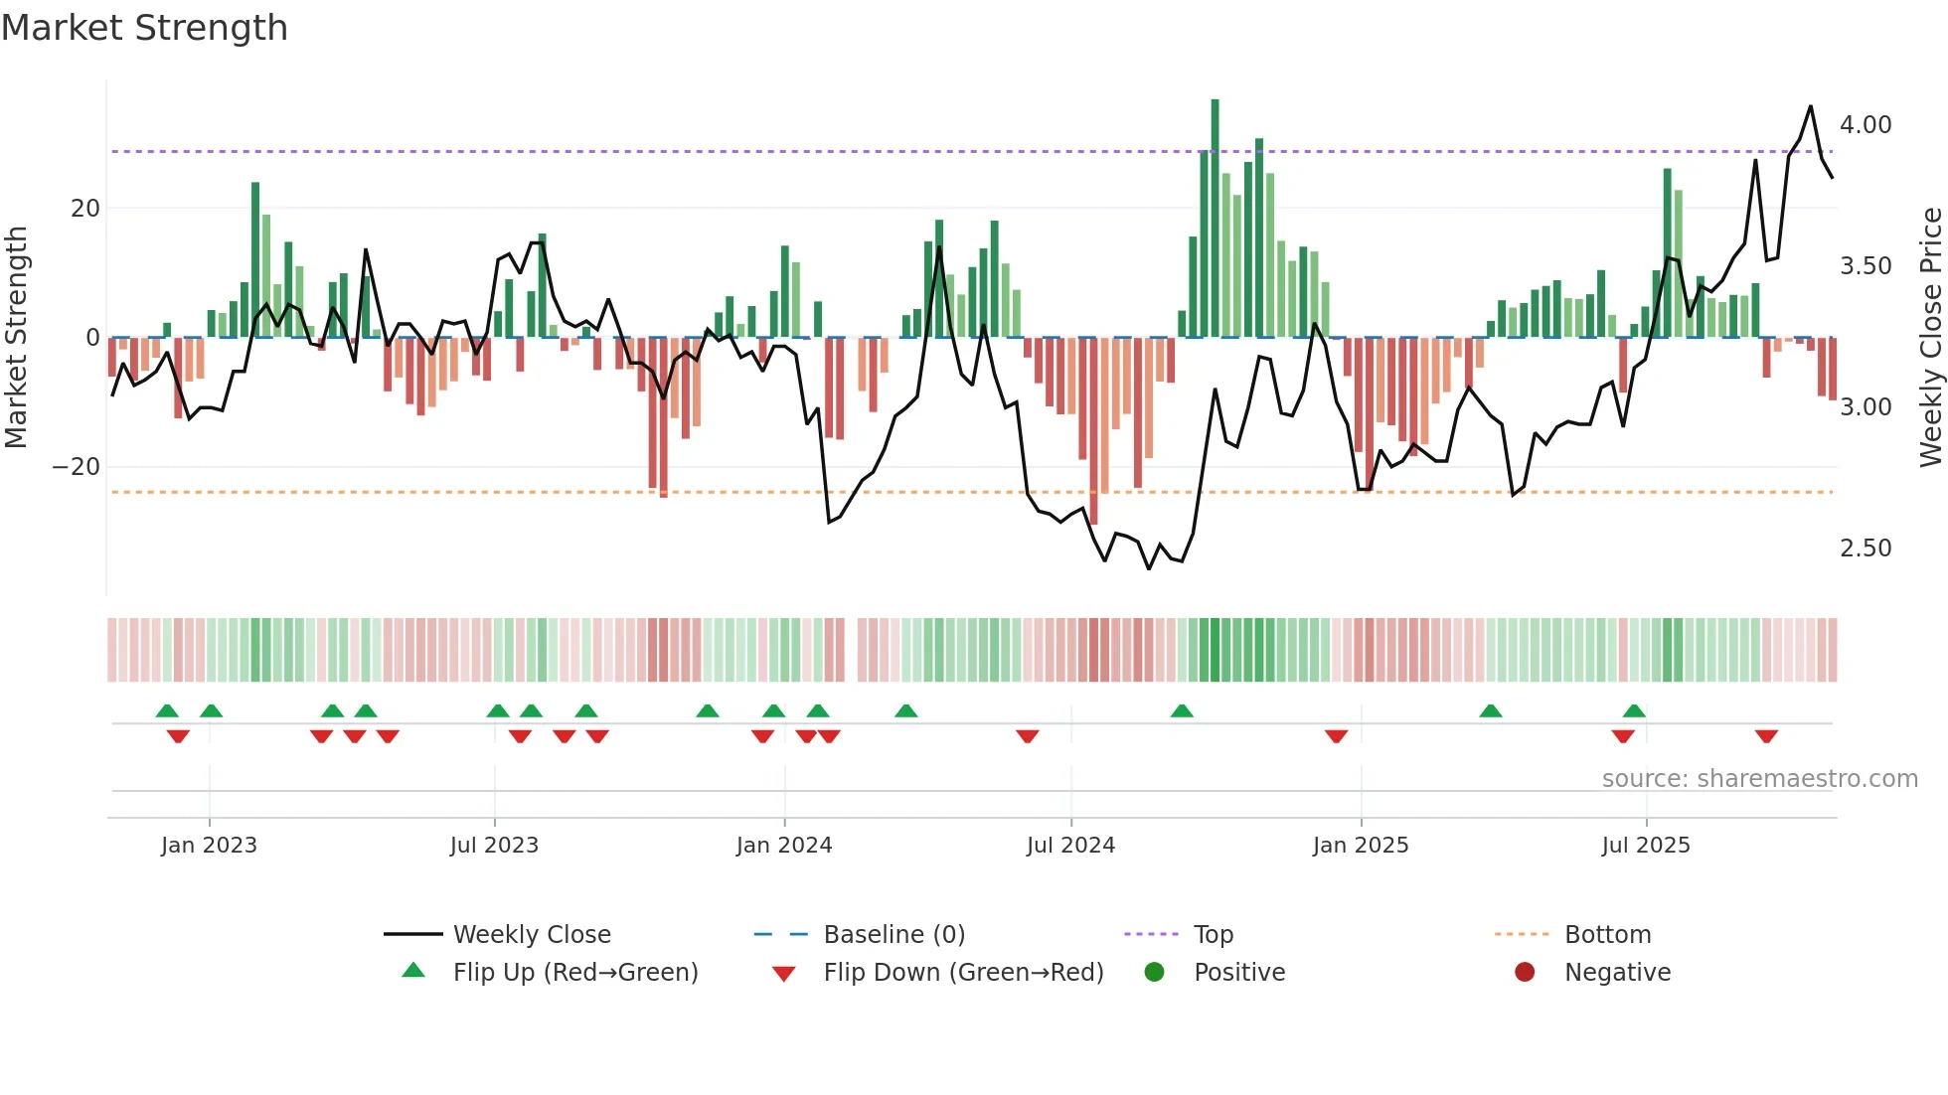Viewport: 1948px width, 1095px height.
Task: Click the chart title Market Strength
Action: click(x=144, y=28)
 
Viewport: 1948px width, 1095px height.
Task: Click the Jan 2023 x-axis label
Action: click(x=209, y=846)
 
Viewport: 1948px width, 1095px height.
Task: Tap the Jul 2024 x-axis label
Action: click(x=1070, y=846)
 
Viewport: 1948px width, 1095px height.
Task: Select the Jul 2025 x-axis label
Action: click(x=1646, y=846)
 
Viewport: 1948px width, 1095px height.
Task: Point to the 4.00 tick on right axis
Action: click(x=1866, y=125)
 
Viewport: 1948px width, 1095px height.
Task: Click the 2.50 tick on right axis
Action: click(x=1866, y=548)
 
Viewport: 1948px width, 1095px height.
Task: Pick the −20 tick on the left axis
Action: click(x=77, y=467)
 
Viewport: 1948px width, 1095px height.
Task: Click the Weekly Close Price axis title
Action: click(x=1930, y=337)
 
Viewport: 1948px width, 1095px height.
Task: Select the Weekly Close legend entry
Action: click(x=532, y=935)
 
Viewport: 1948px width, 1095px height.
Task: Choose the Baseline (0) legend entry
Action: click(x=893, y=935)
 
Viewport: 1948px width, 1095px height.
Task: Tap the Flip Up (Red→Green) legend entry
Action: click(x=574, y=973)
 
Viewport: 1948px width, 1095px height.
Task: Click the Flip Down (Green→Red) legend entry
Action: click(x=963, y=973)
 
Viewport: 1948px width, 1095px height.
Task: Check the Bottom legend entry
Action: click(x=1607, y=935)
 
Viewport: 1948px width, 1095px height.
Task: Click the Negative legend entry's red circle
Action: click(x=1525, y=973)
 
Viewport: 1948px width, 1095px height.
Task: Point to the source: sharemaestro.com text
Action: click(x=1759, y=779)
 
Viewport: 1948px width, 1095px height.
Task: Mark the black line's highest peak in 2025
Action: click(x=1810, y=106)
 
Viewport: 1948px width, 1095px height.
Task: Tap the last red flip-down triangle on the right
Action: click(x=1766, y=736)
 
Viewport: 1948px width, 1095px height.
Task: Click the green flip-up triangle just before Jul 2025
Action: click(x=1634, y=710)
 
